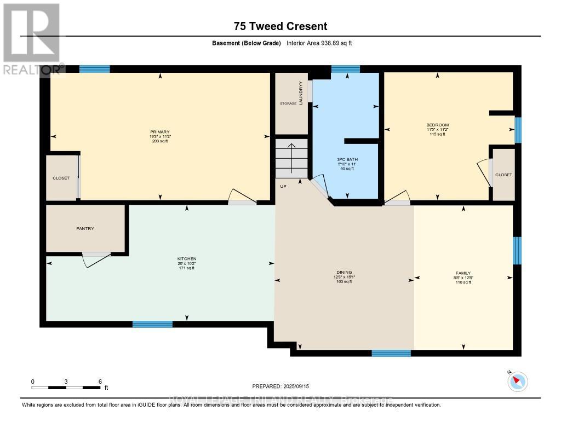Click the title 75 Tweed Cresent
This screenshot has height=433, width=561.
(280, 26)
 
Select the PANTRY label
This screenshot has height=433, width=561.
(85, 228)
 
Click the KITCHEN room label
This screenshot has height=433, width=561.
(186, 258)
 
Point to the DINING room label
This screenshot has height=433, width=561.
(344, 272)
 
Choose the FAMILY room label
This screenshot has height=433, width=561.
(463, 273)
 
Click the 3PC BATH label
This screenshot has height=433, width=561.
(345, 160)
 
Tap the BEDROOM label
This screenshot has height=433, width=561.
(437, 125)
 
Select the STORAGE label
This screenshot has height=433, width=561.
(288, 103)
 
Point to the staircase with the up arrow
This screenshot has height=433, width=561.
(292, 159)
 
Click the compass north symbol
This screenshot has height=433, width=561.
(517, 381)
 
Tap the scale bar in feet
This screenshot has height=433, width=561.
(66, 388)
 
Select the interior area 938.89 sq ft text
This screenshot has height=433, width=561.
(319, 43)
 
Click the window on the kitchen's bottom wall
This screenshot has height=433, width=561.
(152, 324)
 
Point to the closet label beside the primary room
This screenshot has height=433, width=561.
(61, 178)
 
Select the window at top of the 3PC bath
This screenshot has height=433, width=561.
(345, 69)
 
